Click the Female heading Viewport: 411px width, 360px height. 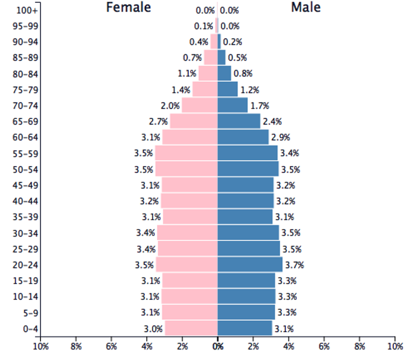[x=128, y=8]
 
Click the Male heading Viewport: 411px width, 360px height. [x=306, y=8]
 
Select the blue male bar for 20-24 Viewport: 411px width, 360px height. [x=250, y=265]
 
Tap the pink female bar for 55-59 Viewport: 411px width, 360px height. [x=186, y=153]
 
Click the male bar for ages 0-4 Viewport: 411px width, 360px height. [x=245, y=328]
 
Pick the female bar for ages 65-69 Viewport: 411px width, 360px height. [x=194, y=122]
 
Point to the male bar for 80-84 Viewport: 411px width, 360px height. [x=224, y=74]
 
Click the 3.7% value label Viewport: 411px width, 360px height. [x=294, y=265]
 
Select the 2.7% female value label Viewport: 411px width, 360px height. [x=158, y=122]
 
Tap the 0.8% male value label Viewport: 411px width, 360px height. [x=243, y=74]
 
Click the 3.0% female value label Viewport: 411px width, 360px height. [x=153, y=329]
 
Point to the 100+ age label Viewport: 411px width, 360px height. [x=24, y=10]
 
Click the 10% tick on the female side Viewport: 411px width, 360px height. [x=41, y=347]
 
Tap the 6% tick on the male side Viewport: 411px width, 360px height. [x=324, y=347]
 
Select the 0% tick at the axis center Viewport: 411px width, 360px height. [x=218, y=347]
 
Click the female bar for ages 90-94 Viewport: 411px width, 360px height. [x=214, y=42]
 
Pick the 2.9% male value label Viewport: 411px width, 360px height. [x=280, y=137]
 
